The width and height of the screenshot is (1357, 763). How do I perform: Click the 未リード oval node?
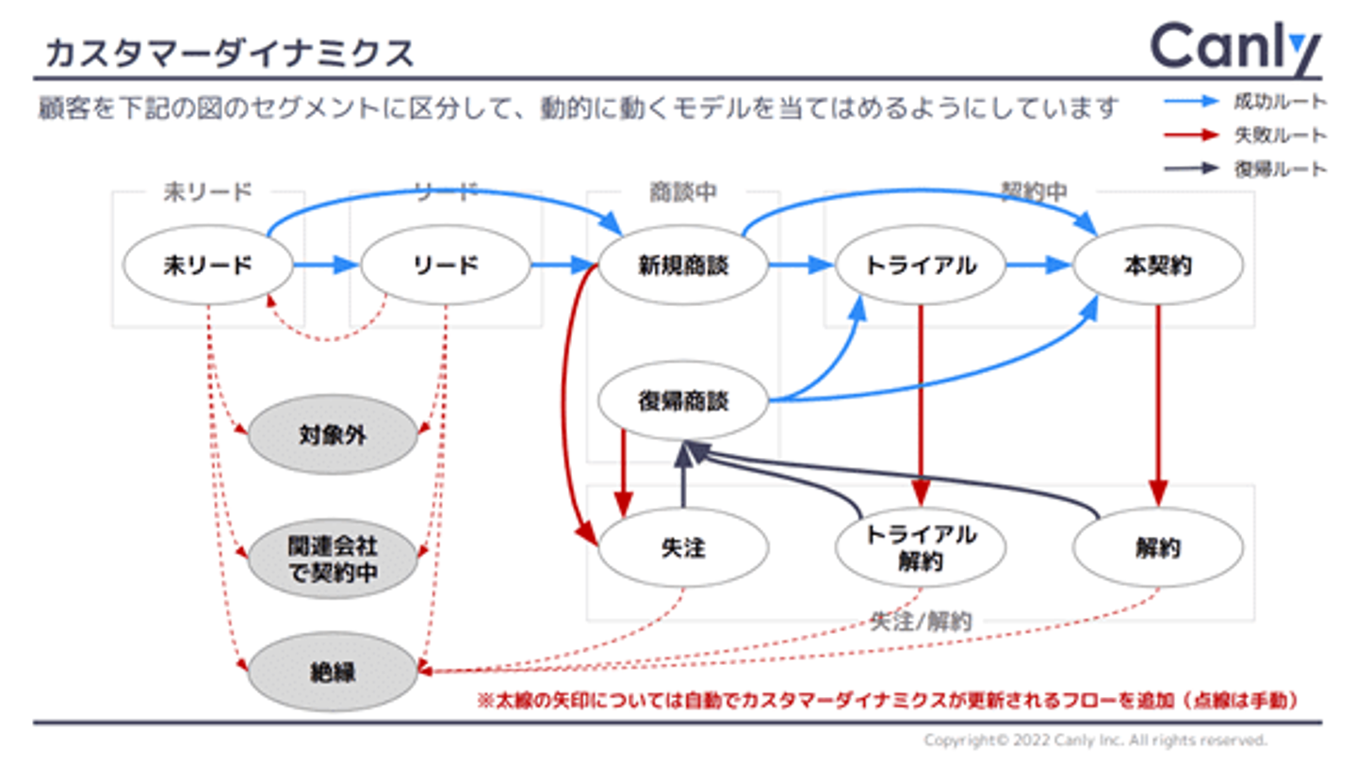point(208,266)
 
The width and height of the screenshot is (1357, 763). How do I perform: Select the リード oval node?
point(446,266)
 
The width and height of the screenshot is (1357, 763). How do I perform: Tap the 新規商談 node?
point(683,266)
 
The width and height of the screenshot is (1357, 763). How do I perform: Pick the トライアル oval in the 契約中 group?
point(921,266)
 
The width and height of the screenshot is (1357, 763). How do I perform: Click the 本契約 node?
point(1158,266)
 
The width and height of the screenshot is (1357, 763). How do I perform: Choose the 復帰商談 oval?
point(683,402)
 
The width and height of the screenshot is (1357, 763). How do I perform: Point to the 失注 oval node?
point(683,547)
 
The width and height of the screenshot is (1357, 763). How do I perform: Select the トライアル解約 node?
point(921,547)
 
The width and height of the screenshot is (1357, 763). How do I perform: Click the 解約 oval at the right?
point(1158,547)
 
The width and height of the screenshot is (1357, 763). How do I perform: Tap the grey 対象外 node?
point(332,435)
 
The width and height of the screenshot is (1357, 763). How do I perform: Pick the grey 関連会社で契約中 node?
point(332,560)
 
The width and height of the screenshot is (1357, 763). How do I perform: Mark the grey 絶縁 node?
point(332,673)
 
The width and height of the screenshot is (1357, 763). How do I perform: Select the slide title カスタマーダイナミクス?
point(229,54)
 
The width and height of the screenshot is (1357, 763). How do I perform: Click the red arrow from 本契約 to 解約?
point(1158,405)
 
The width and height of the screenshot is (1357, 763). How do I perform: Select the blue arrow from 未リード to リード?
point(326,266)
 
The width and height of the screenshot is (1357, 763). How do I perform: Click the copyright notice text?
point(1095,740)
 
